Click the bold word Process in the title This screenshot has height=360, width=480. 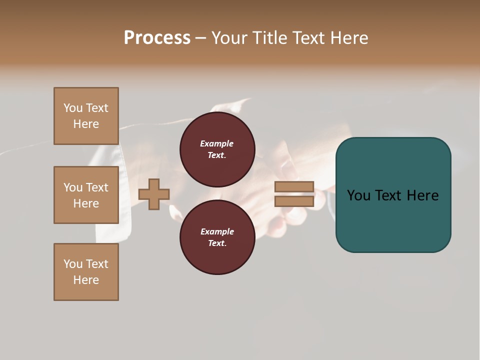(157, 38)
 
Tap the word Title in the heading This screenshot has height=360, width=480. (269, 38)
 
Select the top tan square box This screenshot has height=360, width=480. (86, 116)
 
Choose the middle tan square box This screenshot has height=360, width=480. (86, 195)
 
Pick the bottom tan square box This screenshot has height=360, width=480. (86, 272)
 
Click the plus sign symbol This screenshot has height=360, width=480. (154, 194)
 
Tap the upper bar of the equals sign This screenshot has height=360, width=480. (294, 187)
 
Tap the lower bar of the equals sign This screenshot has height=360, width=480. (294, 201)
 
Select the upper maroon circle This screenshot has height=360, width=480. (217, 149)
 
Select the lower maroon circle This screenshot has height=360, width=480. (217, 237)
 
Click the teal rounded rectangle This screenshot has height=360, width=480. (393, 194)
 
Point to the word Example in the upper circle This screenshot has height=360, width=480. (217, 143)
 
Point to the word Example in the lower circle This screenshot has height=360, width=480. (217, 231)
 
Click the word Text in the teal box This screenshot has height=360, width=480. (389, 195)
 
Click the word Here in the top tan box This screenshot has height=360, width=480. (86, 124)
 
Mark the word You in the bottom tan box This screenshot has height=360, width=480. (73, 264)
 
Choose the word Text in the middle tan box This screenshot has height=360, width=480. (97, 187)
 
